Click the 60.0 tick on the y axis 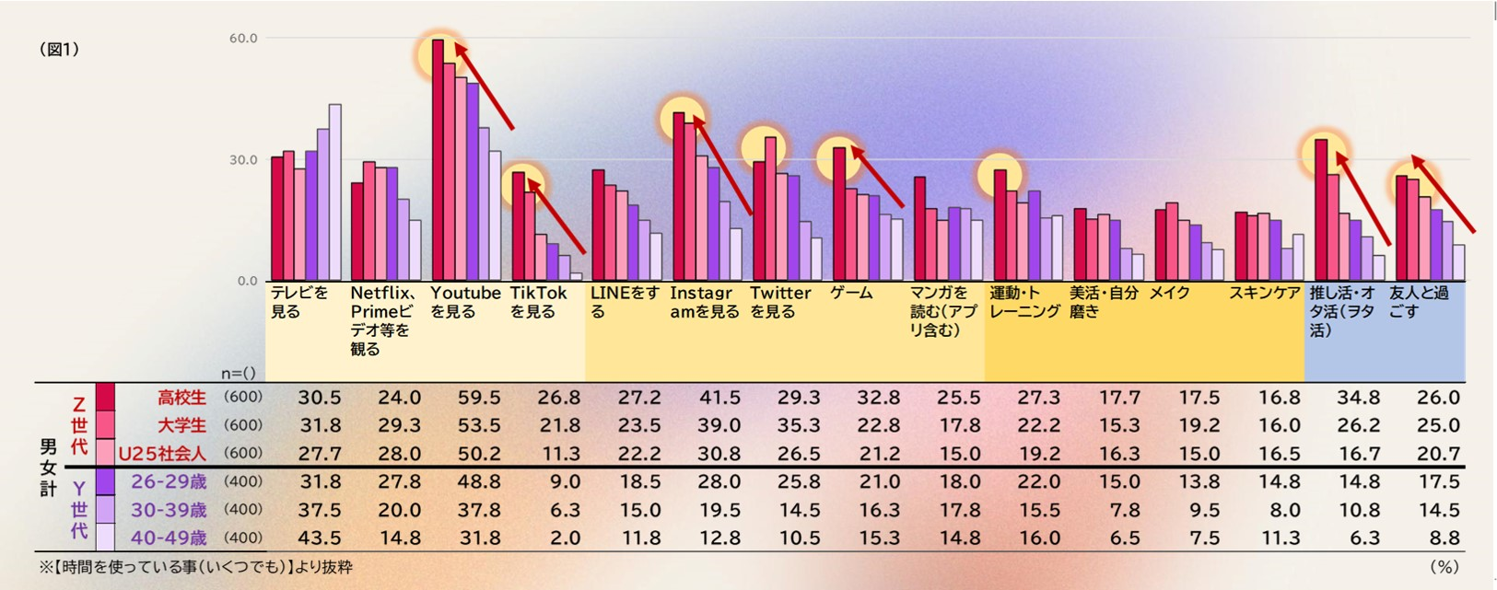point(243,39)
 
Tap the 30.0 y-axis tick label point(243,160)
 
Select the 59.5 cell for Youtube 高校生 point(479,398)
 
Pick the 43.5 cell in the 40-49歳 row point(319,538)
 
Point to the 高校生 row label point(181,398)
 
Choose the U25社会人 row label point(162,454)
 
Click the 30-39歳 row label point(169,510)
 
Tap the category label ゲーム point(851,294)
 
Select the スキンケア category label point(1265,294)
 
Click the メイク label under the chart point(1170,294)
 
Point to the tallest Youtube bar point(438,160)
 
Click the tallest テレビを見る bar point(335,192)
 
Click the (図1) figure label point(59,50)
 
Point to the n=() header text point(239,373)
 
